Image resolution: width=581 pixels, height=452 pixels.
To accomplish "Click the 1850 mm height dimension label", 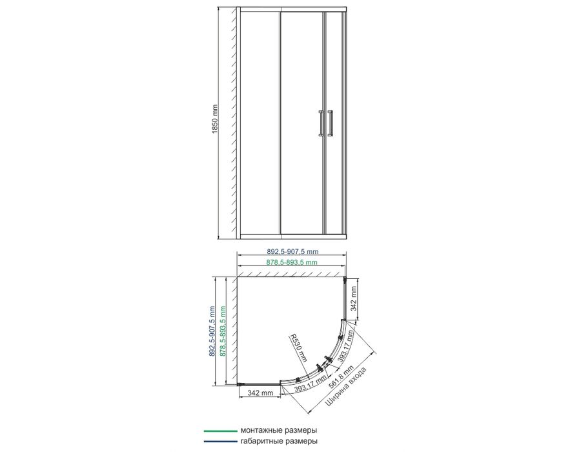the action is coord(214,119).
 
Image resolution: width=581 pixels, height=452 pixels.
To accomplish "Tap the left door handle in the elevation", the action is coord(321,123).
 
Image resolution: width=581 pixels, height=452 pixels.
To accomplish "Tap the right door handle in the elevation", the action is coord(330,123).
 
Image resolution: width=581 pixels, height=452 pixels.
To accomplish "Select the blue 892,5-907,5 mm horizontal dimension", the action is coord(292,252).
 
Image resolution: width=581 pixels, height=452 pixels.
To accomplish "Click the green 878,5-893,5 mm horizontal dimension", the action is coord(292,262).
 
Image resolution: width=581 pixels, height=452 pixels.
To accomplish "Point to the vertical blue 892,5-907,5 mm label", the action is coord(212,331).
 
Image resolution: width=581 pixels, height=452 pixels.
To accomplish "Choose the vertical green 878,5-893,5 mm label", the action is coord(223,331).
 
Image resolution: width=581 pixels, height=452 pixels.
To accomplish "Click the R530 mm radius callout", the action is coord(299,347).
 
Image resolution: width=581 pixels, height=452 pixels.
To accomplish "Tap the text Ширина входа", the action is coord(346,387).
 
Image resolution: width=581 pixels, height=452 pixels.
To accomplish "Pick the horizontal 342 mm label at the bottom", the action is coord(260,393).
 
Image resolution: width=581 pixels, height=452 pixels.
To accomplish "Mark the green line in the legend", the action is coord(220,431).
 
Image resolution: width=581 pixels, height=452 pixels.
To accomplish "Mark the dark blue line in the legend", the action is coord(220,441).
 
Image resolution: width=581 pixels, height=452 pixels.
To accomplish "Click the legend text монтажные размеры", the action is coord(279,431).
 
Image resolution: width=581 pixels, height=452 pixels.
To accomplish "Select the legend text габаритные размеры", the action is coord(279,441).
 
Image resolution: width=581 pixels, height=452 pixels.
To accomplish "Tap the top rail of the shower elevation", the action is coord(291,9).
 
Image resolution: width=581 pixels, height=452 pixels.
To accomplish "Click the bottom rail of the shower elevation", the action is coord(291,237).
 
